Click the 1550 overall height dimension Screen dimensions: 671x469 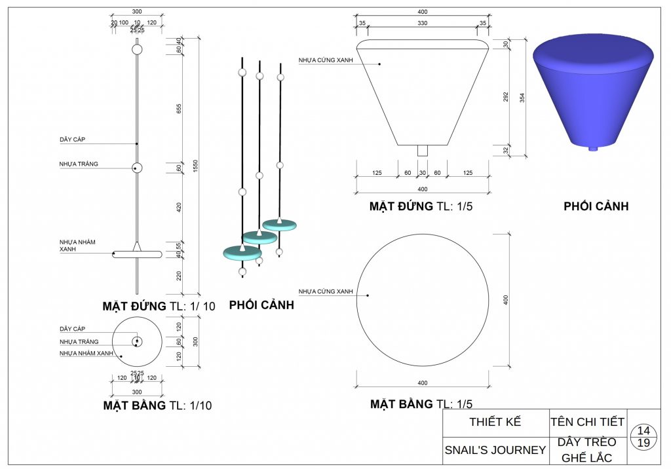tap(195, 166)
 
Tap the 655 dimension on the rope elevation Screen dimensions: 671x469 tap(179, 109)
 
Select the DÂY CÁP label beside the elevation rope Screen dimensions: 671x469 tap(72, 139)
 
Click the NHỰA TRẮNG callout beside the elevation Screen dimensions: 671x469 tap(79, 164)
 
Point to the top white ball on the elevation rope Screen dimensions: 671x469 tap(137, 49)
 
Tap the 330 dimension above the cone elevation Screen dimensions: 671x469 tap(423, 23)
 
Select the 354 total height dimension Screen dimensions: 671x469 tap(522, 98)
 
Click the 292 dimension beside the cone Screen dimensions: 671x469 tap(506, 97)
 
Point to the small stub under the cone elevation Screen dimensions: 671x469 tap(423, 151)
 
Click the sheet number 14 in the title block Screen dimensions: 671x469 tap(643, 430)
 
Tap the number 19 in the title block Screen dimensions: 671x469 tap(643, 443)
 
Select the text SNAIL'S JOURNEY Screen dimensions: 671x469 tap(495, 450)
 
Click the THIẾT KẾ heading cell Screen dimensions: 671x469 tap(495, 422)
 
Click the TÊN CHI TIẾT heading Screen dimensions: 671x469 tap(587, 422)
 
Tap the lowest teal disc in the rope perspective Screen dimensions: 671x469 tap(242, 253)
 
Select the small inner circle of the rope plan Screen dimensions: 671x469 tap(137, 341)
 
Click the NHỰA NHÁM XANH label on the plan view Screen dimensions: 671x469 tap(86, 354)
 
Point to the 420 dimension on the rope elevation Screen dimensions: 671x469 tap(179, 207)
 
